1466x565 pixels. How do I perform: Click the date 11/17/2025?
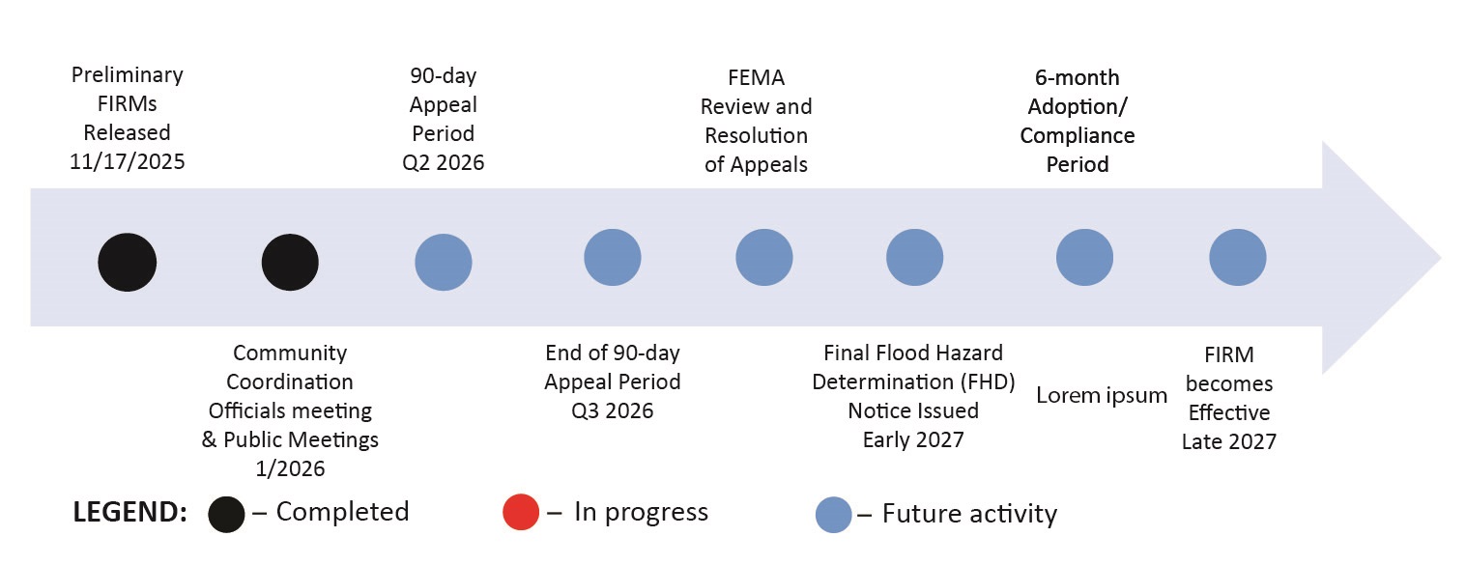coord(127,161)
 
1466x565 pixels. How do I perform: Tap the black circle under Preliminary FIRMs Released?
coord(127,262)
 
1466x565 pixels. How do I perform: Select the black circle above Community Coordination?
coord(290,262)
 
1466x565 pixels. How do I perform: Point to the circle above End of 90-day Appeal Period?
coord(613,258)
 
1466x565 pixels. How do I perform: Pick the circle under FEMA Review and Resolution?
coord(764,258)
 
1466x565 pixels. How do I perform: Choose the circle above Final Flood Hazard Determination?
coord(914,258)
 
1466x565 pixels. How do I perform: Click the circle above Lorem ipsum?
coord(1084,258)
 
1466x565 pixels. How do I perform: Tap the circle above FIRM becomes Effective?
coord(1237,258)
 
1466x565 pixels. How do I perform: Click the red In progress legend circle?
coord(527,513)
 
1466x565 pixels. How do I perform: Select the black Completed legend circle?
coord(226,515)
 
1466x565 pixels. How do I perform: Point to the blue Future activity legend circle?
coord(833,515)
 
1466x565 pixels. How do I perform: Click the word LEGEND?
coord(129,514)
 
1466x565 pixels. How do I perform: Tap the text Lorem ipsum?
coord(1102,395)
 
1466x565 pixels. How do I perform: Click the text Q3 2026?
coord(612,410)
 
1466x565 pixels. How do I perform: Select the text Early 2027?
coord(913,439)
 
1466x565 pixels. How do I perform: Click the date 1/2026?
coord(290,468)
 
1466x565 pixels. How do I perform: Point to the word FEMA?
coord(756,77)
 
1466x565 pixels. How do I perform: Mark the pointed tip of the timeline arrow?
coord(1440,258)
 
